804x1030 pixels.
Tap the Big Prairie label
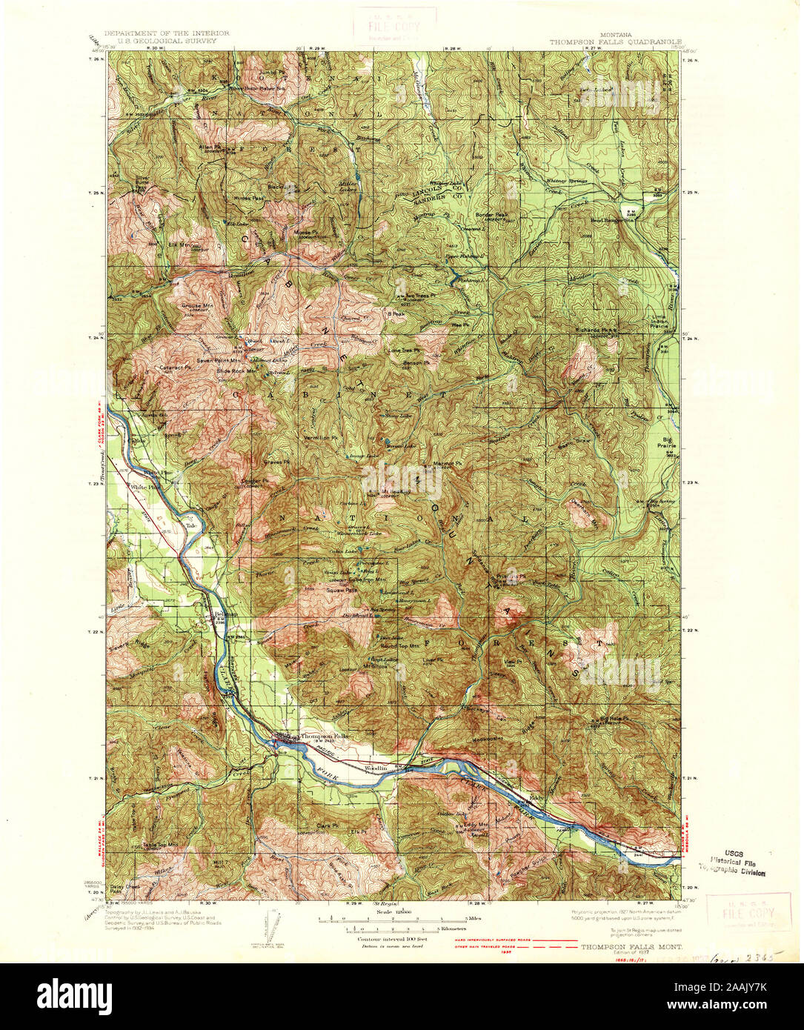coord(666,445)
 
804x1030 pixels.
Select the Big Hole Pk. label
coord(614,719)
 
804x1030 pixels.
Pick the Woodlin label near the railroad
coord(376,768)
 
